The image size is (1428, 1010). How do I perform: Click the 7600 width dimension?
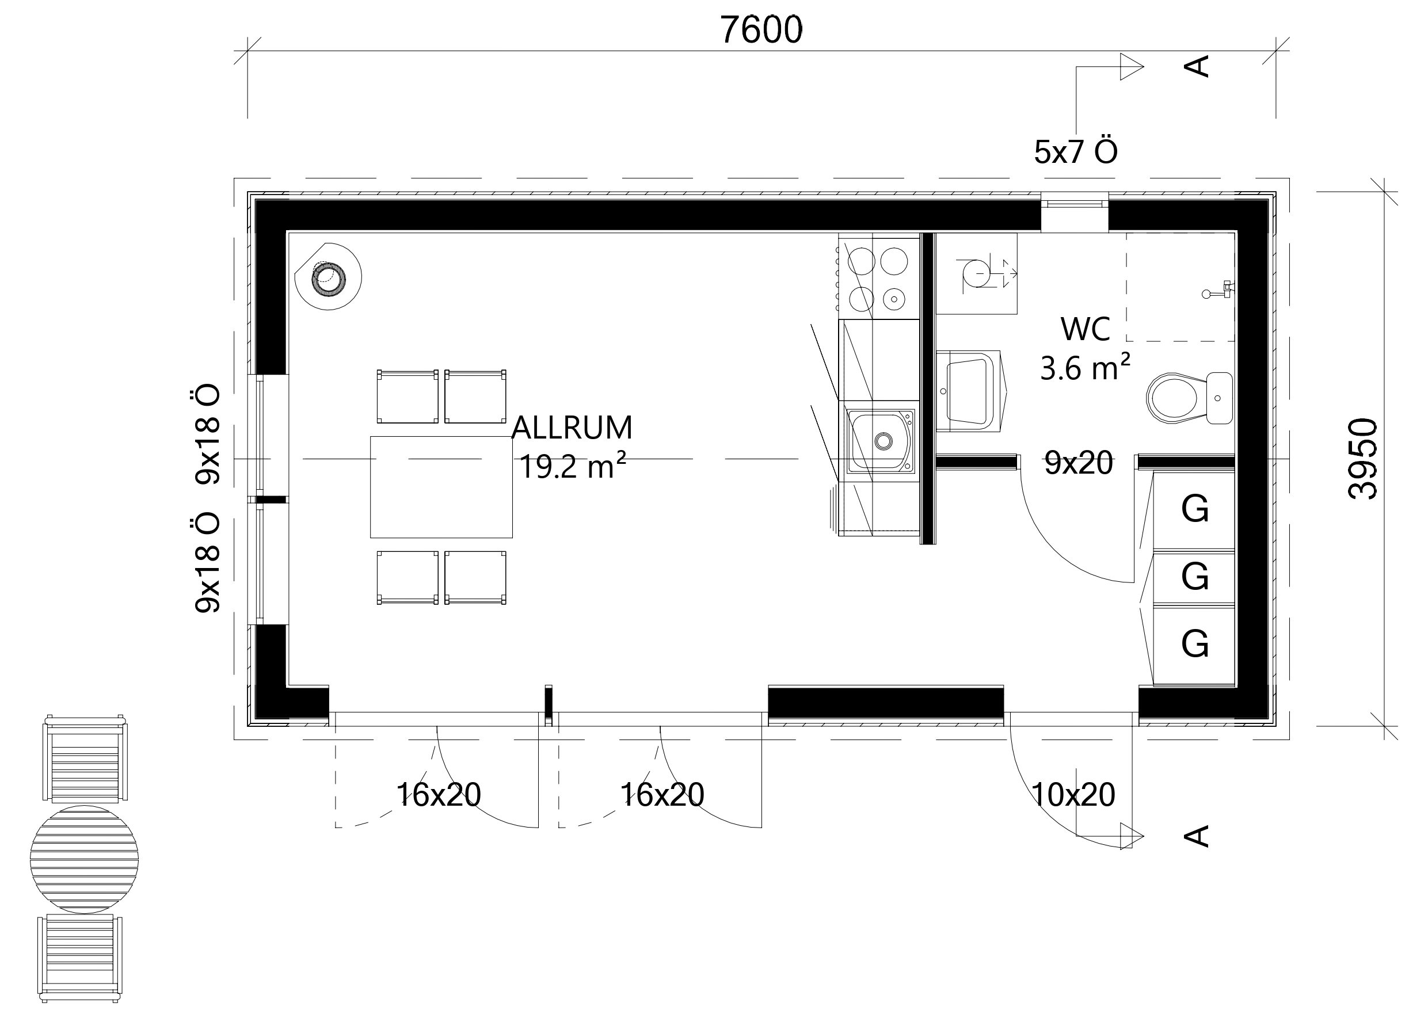pyautogui.click(x=761, y=30)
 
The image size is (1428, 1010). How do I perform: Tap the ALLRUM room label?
pyautogui.click(x=572, y=427)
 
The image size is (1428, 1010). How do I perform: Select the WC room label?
pyautogui.click(x=1086, y=330)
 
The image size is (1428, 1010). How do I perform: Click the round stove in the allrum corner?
pyautogui.click(x=329, y=277)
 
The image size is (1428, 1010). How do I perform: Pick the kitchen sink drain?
pyautogui.click(x=883, y=441)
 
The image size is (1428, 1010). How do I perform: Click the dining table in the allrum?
pyautogui.click(x=441, y=487)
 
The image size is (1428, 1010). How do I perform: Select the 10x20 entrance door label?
pyautogui.click(x=1073, y=795)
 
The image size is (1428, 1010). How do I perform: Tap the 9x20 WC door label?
pyautogui.click(x=1079, y=463)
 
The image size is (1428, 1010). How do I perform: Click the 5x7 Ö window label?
pyautogui.click(x=1076, y=151)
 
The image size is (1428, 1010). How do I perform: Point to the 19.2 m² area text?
pyautogui.click(x=572, y=466)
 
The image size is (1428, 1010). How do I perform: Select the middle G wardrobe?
pyautogui.click(x=1194, y=577)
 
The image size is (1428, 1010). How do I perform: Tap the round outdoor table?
pyautogui.click(x=85, y=859)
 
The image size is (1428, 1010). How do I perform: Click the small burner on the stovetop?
pyautogui.click(x=894, y=299)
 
